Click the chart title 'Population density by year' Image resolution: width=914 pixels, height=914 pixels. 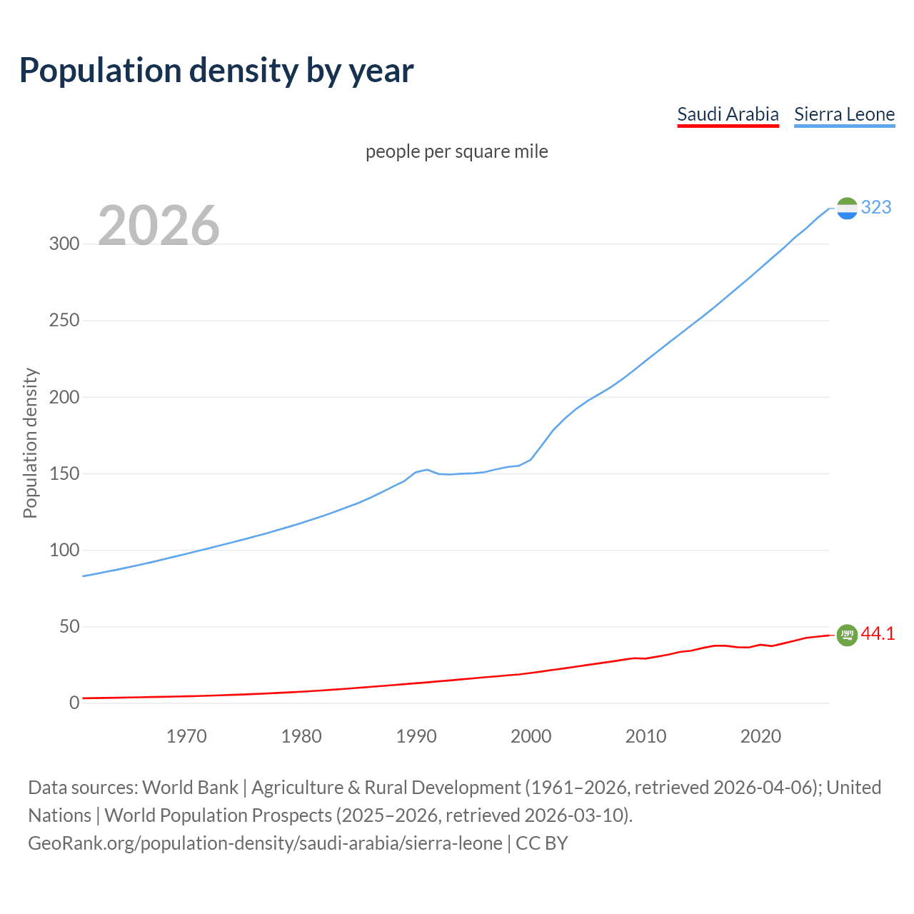(x=216, y=71)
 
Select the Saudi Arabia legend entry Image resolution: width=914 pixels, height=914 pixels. (x=728, y=114)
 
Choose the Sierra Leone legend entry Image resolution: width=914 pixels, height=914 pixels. (x=844, y=114)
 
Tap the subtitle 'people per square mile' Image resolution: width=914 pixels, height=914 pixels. (x=457, y=151)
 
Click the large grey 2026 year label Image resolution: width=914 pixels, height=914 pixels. (x=159, y=225)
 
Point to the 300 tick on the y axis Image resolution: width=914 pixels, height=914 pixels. (x=64, y=243)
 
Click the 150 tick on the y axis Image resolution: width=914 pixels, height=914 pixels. (x=64, y=473)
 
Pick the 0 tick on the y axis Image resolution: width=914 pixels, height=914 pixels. (x=74, y=703)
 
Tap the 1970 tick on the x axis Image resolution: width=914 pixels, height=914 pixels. (x=186, y=736)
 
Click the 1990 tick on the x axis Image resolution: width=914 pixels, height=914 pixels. (x=416, y=736)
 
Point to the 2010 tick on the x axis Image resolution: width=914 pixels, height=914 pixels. (x=646, y=736)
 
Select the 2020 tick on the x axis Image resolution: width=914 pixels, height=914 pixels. (x=760, y=736)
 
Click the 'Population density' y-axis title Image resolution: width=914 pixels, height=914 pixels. (x=30, y=443)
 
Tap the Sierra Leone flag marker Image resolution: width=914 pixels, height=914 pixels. (x=847, y=208)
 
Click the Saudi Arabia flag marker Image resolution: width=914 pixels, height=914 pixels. (x=847, y=634)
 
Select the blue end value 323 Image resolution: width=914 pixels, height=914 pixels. (x=876, y=207)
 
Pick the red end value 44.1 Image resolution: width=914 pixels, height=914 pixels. (x=878, y=633)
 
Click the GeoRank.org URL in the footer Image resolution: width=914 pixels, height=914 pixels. (x=265, y=843)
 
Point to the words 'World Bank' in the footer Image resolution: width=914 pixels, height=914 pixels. (x=190, y=788)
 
